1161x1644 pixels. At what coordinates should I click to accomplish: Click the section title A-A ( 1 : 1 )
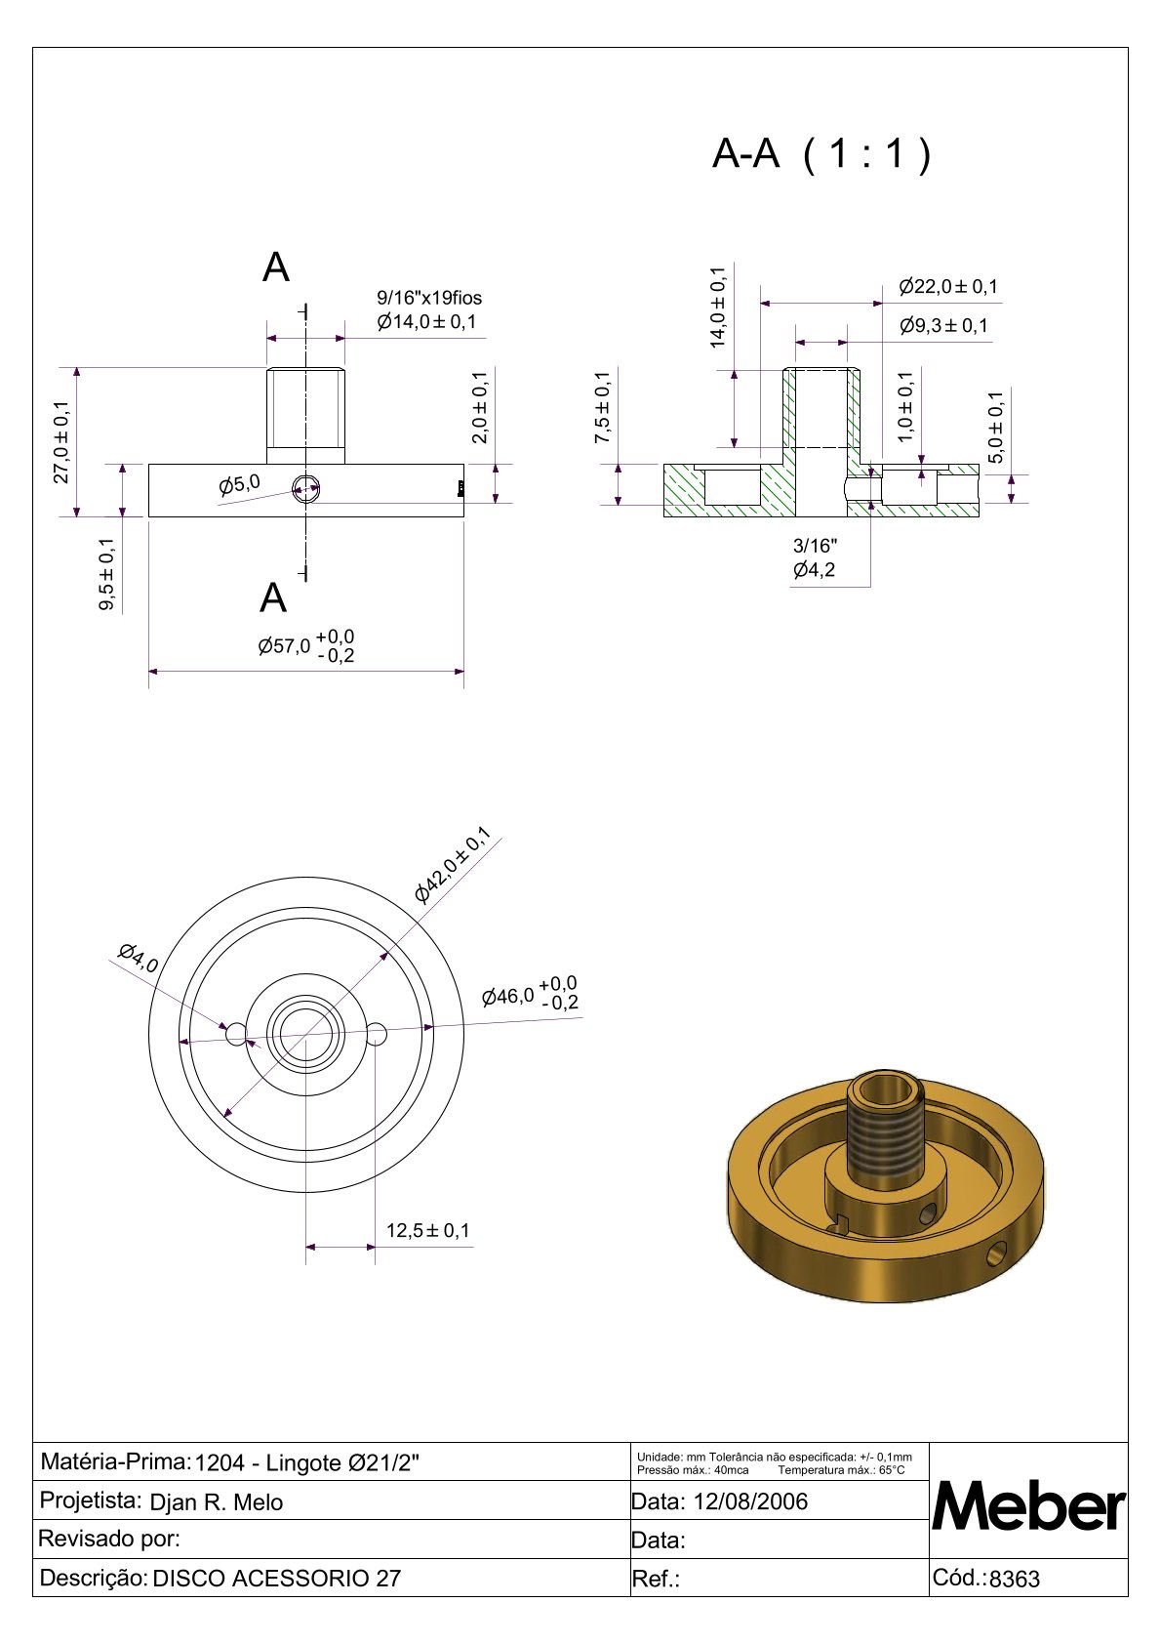pyautogui.click(x=821, y=154)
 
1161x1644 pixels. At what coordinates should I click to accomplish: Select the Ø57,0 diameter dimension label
pyautogui.click(x=305, y=646)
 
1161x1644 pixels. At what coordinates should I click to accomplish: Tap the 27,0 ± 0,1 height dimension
pyautogui.click(x=61, y=442)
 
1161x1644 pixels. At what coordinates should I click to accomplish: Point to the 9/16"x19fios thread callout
pyautogui.click(x=429, y=298)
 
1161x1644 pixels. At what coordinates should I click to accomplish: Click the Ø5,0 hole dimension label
pyautogui.click(x=239, y=483)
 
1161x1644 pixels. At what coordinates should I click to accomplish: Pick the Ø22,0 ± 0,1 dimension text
pyautogui.click(x=948, y=287)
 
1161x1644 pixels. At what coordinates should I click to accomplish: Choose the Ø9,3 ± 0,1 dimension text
pyautogui.click(x=943, y=326)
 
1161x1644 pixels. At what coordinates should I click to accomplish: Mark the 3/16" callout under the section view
pyautogui.click(x=815, y=546)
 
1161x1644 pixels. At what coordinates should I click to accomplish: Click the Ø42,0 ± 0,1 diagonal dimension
pyautogui.click(x=452, y=866)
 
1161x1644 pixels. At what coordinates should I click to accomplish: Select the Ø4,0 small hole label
pyautogui.click(x=138, y=958)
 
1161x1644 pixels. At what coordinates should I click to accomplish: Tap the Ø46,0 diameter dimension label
pyautogui.click(x=530, y=995)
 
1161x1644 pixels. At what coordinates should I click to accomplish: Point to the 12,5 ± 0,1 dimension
pyautogui.click(x=427, y=1230)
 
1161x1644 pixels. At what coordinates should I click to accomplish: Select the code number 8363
pyautogui.click(x=1015, y=1580)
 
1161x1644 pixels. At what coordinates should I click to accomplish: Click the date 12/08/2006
pyautogui.click(x=750, y=1501)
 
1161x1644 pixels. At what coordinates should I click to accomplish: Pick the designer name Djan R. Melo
pyautogui.click(x=216, y=1502)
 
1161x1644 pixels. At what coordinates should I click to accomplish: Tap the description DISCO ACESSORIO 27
pyautogui.click(x=277, y=1579)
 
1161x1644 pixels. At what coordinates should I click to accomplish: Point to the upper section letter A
pyautogui.click(x=276, y=267)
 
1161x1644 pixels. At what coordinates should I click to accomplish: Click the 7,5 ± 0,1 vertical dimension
pyautogui.click(x=603, y=407)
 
